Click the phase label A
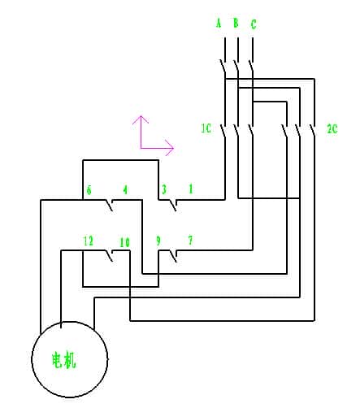click(x=219, y=23)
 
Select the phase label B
click(x=236, y=23)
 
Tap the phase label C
click(x=254, y=24)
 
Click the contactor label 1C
click(x=206, y=128)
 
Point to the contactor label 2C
click(x=332, y=128)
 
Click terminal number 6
click(x=89, y=190)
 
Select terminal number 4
click(x=125, y=189)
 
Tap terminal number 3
click(x=164, y=189)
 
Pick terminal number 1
click(x=191, y=189)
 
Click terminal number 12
click(x=89, y=241)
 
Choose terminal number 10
click(x=125, y=242)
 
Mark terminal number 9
click(x=158, y=241)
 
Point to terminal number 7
click(x=190, y=240)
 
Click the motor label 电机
click(x=64, y=360)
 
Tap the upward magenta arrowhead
click(x=141, y=119)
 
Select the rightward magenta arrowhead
click(x=170, y=148)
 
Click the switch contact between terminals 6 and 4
click(x=110, y=205)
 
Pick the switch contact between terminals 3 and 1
click(x=173, y=205)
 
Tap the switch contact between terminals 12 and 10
click(x=110, y=256)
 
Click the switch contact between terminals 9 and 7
click(x=173, y=256)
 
